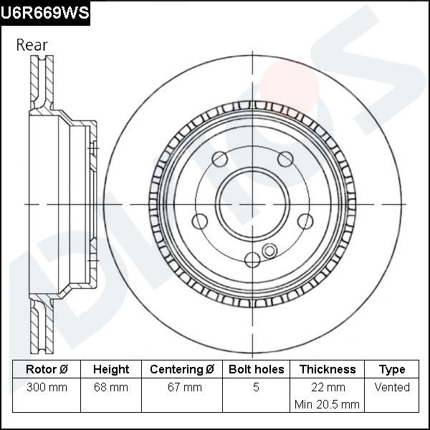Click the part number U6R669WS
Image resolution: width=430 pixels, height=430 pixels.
click(45, 13)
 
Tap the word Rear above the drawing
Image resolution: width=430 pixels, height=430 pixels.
click(32, 45)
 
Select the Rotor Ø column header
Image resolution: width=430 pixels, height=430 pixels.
click(47, 370)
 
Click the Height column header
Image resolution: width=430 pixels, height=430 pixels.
click(111, 370)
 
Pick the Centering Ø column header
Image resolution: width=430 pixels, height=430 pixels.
click(182, 370)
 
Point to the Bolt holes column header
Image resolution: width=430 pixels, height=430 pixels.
click(256, 370)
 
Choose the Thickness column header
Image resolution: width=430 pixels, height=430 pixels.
click(327, 370)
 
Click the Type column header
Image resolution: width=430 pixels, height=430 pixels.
click(392, 370)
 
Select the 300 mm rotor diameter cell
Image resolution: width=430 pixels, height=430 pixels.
click(47, 388)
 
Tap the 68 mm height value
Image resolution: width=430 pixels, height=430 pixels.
click(111, 388)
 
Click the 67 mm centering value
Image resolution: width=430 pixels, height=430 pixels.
click(182, 388)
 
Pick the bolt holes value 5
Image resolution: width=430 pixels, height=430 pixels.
click(256, 388)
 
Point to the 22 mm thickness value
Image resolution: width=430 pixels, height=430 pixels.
click(327, 388)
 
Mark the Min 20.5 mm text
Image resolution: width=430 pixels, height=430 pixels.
click(327, 405)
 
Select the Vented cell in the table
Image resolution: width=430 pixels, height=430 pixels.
click(392, 388)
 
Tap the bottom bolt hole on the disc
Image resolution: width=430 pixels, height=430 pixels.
click(252, 260)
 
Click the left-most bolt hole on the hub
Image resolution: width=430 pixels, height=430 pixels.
click(199, 222)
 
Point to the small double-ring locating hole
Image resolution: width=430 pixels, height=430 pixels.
click(269, 250)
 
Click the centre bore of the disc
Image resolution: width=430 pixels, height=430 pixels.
click(251, 205)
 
